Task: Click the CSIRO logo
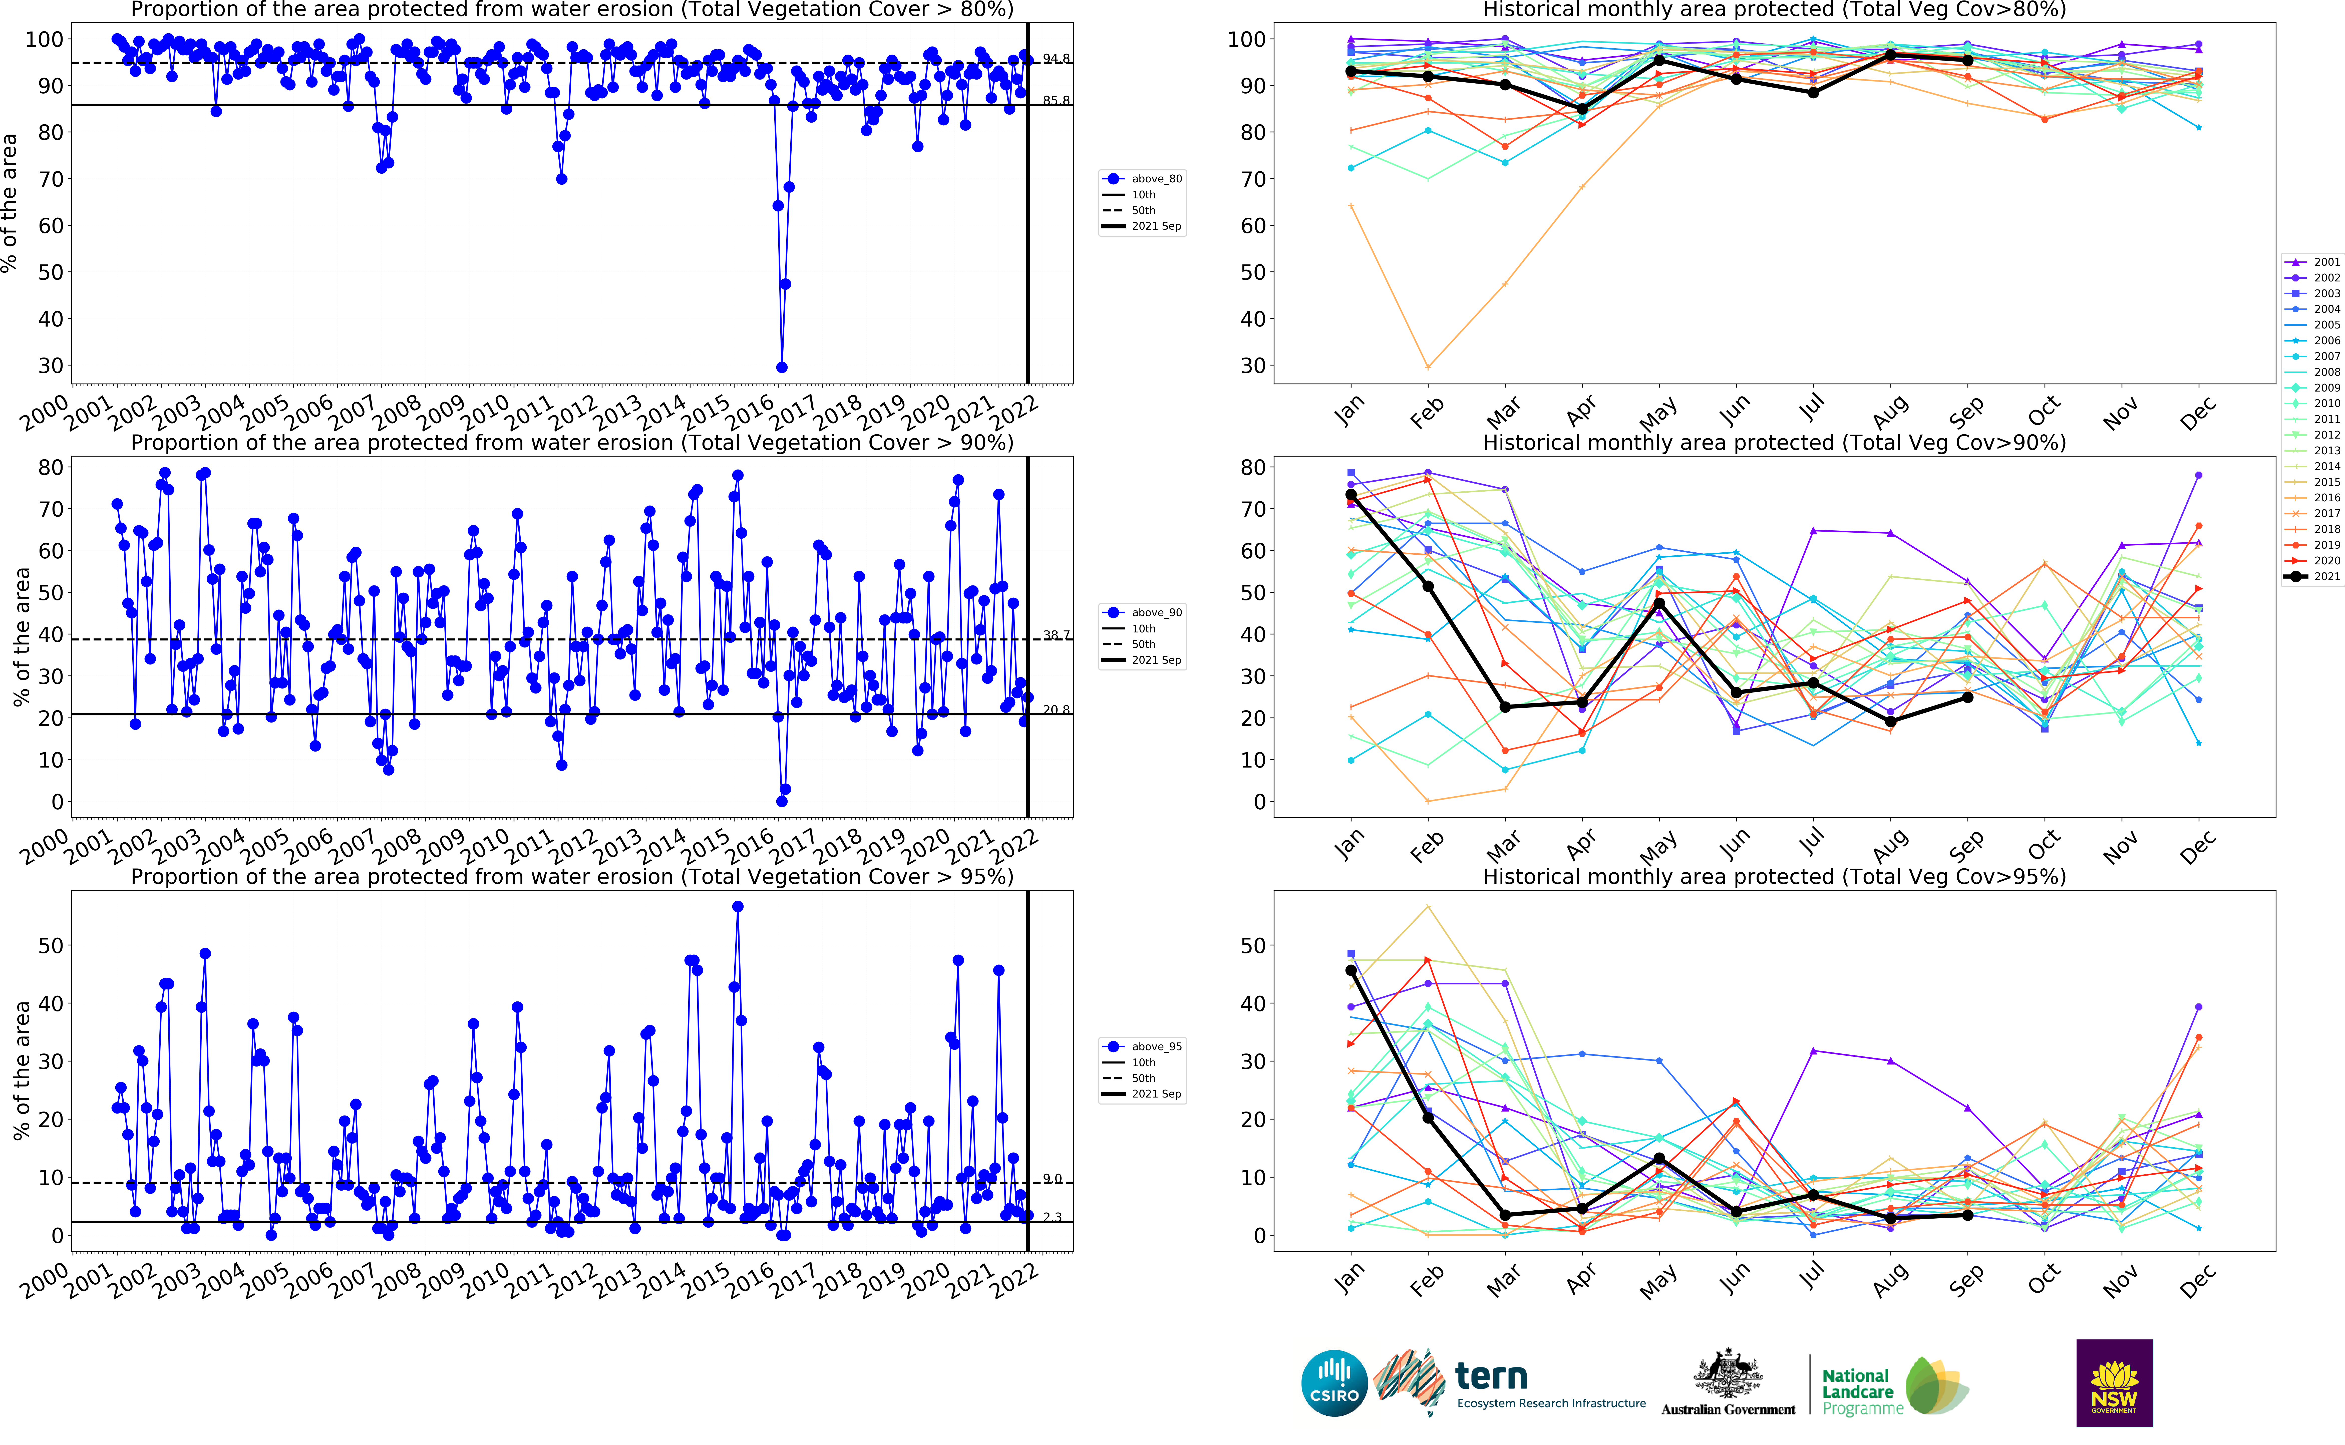(x=1334, y=1383)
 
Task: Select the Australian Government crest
(x=1728, y=1376)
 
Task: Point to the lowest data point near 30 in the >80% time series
(x=782, y=367)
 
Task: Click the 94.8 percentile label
(x=1056, y=59)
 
